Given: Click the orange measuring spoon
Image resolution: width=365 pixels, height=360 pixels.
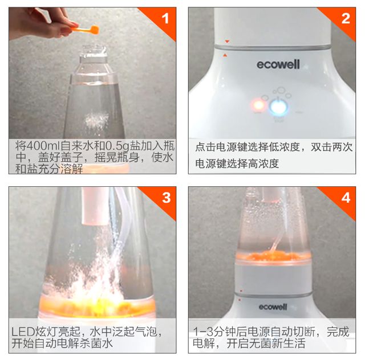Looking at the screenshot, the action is click(x=86, y=29).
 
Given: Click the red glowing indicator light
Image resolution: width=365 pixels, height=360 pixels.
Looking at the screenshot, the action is click(x=258, y=105).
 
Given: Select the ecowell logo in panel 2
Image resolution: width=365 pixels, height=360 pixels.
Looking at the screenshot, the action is click(x=278, y=64).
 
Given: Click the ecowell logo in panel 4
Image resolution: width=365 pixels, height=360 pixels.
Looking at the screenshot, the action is click(x=273, y=307).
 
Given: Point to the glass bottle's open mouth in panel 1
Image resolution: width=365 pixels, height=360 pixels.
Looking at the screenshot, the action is click(x=93, y=50).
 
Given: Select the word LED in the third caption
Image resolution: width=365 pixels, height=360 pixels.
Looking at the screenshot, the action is click(x=23, y=331).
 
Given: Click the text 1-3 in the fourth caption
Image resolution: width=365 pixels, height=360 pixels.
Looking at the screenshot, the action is click(x=203, y=332).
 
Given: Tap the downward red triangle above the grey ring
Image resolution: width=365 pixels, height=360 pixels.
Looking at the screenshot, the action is click(x=227, y=42).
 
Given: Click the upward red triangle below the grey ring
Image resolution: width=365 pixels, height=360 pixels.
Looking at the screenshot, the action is click(x=225, y=55).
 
